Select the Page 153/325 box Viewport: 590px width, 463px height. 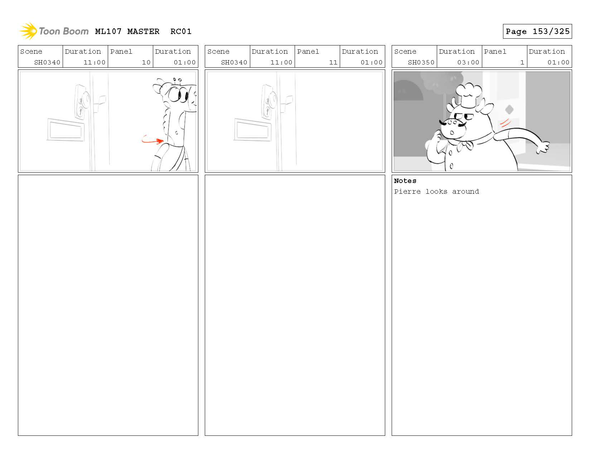pyautogui.click(x=537, y=31)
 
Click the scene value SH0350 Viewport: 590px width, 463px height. pyautogui.click(x=421, y=62)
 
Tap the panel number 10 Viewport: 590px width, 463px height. pyautogui.click(x=146, y=62)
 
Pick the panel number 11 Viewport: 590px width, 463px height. pyautogui.click(x=333, y=62)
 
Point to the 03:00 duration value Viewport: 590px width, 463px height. pyautogui.click(x=468, y=62)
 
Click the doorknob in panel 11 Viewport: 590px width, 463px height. pyautogui.click(x=272, y=100)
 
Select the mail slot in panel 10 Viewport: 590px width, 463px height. pyautogui.click(x=66, y=130)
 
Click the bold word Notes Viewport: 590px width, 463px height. pyautogui.click(x=405, y=181)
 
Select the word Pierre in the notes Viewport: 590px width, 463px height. pyautogui.click(x=407, y=192)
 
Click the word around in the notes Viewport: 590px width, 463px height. pyautogui.click(x=465, y=192)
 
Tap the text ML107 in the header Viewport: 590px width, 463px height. pyautogui.click(x=108, y=32)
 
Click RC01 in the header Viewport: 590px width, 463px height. pyautogui.click(x=181, y=32)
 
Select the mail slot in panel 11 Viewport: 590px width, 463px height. pyautogui.click(x=252, y=130)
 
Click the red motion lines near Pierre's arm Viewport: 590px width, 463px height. pyautogui.click(x=505, y=123)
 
